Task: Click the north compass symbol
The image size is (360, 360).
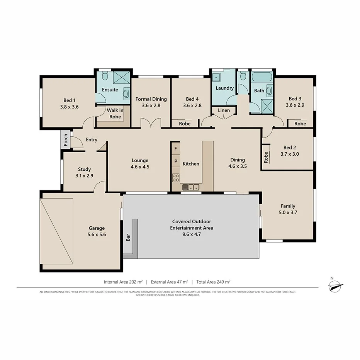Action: (335, 286)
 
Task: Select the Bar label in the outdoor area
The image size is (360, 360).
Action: (128, 237)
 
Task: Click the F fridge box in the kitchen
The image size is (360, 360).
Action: (176, 148)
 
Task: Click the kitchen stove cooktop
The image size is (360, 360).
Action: (176, 178)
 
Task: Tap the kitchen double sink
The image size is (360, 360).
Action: (191, 188)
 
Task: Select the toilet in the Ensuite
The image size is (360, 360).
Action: (105, 77)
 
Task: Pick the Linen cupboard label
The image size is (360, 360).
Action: (224, 110)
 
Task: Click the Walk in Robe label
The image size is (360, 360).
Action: (115, 113)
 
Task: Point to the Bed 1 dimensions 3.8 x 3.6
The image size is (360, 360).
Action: (70, 107)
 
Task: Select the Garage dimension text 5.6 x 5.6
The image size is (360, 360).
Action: (97, 234)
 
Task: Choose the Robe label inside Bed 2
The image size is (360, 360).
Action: (266, 157)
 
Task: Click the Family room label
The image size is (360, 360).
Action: (288, 206)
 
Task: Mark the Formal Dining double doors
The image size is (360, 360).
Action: (151, 124)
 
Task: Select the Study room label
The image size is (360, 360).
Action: (84, 169)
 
